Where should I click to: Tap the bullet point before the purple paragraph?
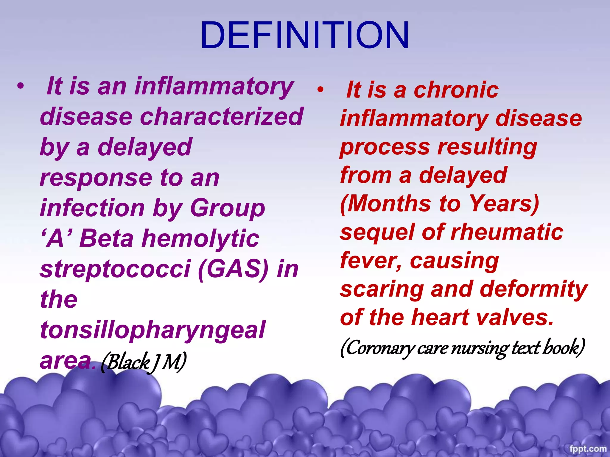pos(20,86)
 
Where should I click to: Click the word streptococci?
pos(115,269)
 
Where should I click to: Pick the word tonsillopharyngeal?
pos(152,330)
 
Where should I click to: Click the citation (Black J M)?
pos(144,362)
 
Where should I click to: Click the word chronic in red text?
pos(456,90)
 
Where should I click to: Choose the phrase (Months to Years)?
pos(440,204)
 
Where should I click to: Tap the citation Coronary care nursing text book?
pos(463,348)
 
